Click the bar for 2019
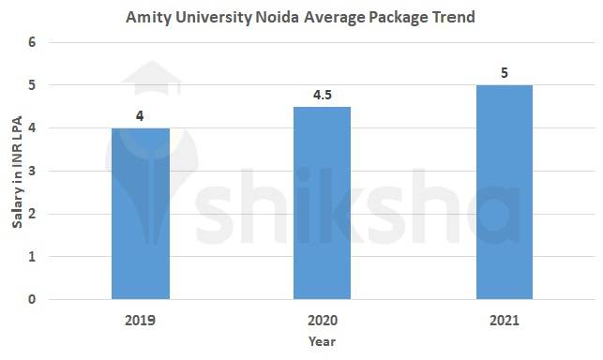141,214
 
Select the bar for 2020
323,203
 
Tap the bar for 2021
505,192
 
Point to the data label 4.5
323,94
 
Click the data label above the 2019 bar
141,115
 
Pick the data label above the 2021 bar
505,72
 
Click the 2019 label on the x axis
141,320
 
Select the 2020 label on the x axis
323,320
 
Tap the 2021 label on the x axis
505,320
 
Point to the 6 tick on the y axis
32,42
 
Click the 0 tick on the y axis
32,300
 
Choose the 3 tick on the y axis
32,171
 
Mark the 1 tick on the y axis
32,257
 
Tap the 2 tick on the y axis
32,214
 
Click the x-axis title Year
322,342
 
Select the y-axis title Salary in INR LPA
14,172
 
